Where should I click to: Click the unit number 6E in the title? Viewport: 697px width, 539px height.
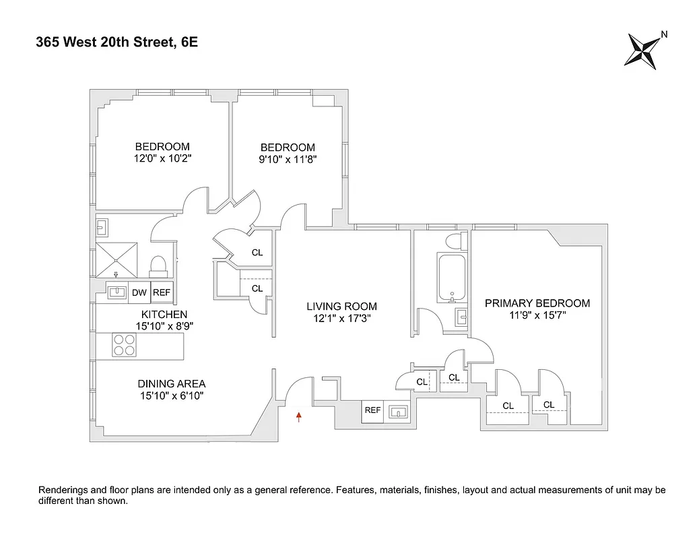point(189,43)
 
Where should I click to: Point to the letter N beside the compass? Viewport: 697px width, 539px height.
point(664,34)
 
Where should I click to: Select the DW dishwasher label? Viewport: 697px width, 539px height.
point(139,292)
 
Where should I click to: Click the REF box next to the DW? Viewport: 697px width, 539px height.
point(162,292)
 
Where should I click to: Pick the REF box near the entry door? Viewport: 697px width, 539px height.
point(372,410)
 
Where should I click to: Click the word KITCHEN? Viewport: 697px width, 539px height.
point(164,315)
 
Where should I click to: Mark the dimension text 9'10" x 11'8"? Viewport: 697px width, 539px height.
point(288,160)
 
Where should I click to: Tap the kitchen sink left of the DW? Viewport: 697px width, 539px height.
point(116,292)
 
